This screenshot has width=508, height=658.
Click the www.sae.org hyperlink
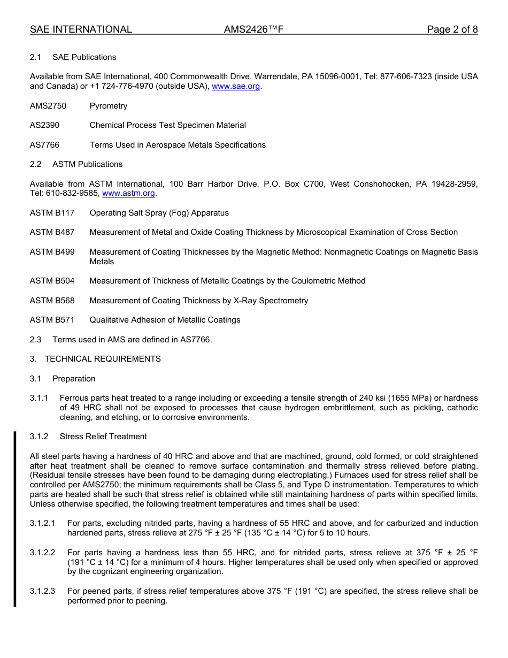point(236,87)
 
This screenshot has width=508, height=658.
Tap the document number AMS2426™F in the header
point(253,29)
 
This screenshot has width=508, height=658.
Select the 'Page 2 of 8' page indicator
point(452,29)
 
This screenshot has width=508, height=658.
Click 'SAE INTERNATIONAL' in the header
point(81,29)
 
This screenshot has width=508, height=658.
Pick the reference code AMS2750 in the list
point(48,106)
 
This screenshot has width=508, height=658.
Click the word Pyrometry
point(109,106)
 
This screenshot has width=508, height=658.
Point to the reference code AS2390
point(45,125)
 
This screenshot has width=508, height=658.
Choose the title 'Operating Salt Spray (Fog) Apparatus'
point(159,213)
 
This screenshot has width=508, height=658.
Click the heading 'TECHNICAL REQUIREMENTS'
point(103,359)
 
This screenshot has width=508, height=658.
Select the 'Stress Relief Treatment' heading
point(103,437)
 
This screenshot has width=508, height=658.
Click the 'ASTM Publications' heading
point(88,164)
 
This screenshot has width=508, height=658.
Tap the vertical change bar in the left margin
point(15,519)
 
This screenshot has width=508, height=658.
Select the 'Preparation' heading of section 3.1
point(74,379)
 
